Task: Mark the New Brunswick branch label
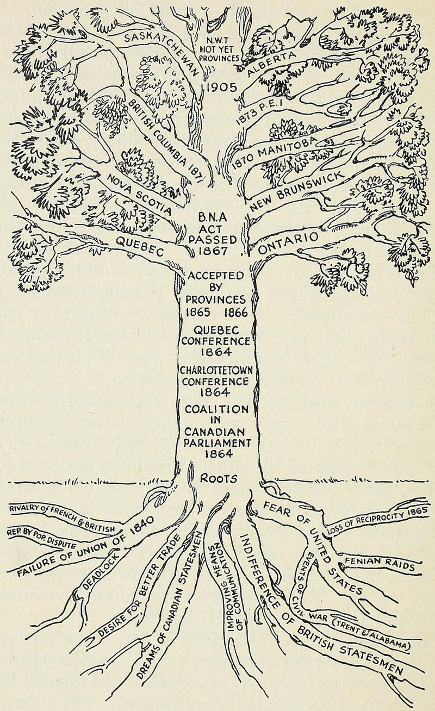point(296,191)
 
